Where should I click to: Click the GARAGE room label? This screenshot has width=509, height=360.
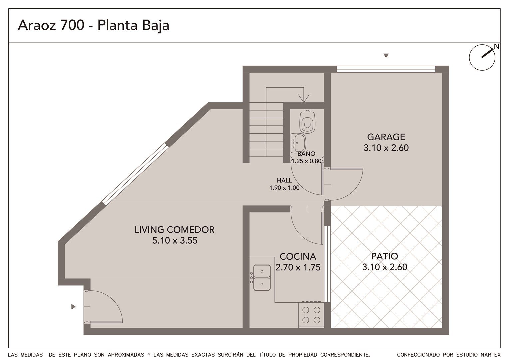point(386,137)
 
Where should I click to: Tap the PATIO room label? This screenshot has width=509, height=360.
point(384,256)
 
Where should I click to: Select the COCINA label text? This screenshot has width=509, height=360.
point(298,257)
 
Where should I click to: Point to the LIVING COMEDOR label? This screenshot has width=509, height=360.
point(174,230)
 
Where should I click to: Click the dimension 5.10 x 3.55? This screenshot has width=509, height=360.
point(175,240)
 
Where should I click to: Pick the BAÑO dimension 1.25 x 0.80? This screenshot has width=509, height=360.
point(306,161)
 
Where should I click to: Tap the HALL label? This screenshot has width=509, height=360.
point(284,180)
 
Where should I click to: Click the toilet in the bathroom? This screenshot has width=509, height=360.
point(307,122)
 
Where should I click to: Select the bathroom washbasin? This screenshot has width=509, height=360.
point(298,143)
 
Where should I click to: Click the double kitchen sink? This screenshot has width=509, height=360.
point(262,277)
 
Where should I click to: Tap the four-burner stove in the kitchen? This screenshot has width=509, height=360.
point(311,315)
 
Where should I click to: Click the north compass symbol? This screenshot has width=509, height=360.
point(482,58)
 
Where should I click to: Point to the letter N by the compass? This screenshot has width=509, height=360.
point(497,46)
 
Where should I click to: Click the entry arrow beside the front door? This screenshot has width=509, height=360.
point(73,307)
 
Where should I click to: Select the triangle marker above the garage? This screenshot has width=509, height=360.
point(386,55)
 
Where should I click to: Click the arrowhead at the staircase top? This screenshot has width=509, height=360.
point(304,98)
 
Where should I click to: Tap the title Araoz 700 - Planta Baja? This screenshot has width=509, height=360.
point(93,25)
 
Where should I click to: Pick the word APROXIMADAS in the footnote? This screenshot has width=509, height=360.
point(126,355)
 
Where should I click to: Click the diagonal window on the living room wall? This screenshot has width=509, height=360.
point(135,174)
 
